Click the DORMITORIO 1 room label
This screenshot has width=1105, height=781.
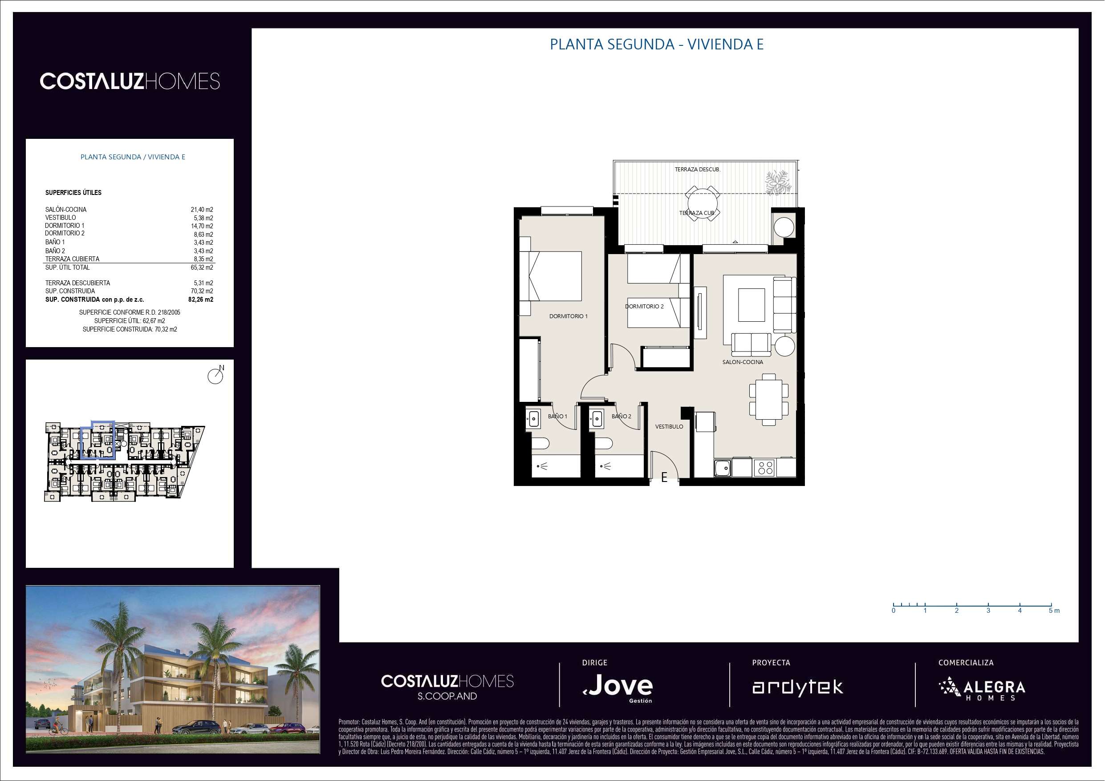(569, 316)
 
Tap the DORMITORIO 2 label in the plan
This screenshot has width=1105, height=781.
(644, 307)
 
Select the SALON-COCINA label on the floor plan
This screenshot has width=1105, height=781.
(743, 362)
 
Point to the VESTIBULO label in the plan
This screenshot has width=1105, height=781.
(669, 426)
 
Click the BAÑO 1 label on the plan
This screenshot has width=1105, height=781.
(557, 416)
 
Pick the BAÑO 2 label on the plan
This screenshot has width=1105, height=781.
(622, 416)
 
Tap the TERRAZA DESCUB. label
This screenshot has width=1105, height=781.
(697, 170)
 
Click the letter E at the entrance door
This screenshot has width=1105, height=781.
(664, 478)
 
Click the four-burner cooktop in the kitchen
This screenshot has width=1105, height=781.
(765, 467)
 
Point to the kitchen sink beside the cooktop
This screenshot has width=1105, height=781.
(723, 468)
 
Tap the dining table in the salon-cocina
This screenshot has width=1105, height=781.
(768, 400)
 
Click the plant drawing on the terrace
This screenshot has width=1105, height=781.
(778, 182)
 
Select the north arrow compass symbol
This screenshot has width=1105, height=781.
(215, 375)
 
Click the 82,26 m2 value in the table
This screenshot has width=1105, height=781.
(201, 299)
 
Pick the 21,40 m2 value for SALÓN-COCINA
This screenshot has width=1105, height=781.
(202, 210)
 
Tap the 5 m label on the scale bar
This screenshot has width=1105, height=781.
(1054, 611)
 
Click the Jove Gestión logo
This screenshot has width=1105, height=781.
(618, 687)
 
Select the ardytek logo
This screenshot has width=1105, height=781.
(797, 688)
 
